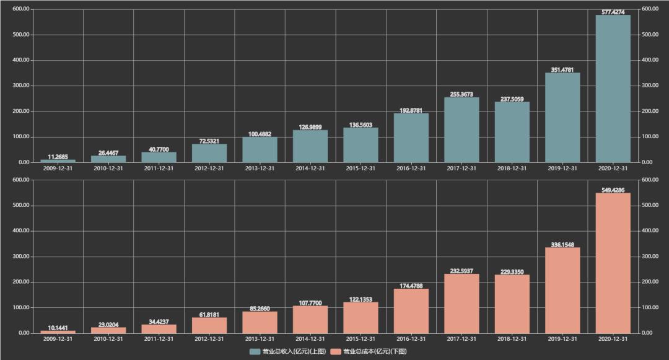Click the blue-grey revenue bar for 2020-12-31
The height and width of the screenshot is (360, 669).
click(613, 89)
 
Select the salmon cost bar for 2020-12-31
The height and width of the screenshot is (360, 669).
click(613, 263)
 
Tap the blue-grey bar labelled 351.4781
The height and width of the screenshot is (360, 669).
click(562, 118)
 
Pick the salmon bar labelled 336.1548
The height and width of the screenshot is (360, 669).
click(562, 290)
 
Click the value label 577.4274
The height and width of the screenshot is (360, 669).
click(613, 11)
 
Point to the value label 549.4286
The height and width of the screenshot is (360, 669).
click(613, 190)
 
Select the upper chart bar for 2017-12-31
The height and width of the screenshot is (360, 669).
click(461, 130)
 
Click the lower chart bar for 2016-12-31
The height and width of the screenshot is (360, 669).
click(411, 310)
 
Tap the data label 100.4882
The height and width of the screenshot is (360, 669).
click(260, 133)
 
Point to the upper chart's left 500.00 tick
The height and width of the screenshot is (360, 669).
click(21, 35)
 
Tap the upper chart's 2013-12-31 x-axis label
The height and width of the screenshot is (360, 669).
click(260, 168)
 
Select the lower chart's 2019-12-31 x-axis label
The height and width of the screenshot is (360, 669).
click(562, 339)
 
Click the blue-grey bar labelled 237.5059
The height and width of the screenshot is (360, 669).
click(512, 132)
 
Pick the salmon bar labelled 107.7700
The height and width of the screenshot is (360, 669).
click(310, 319)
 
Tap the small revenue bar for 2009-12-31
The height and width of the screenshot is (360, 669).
click(58, 161)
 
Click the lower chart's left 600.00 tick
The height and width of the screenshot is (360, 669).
click(21, 180)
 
